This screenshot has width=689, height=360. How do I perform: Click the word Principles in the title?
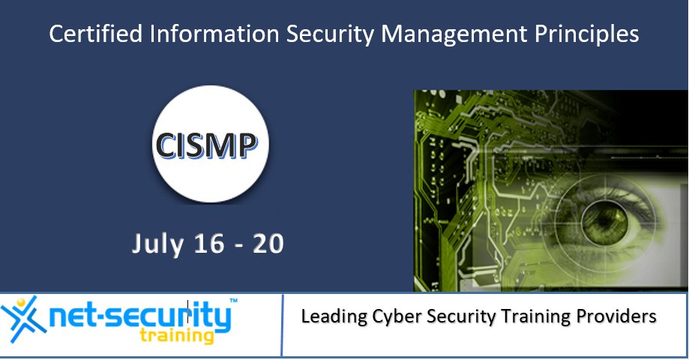[592, 34]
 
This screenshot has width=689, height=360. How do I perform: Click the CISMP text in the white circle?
[211, 145]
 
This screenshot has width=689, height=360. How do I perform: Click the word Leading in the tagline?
[334, 317]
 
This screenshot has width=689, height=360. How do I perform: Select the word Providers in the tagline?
[620, 317]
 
